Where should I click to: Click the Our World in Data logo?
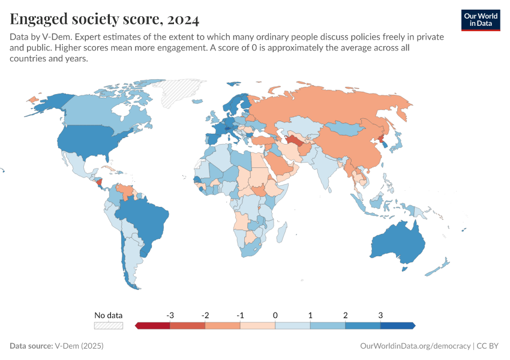coord(481,19)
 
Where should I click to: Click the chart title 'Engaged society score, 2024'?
coord(104,20)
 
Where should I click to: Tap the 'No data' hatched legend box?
coord(109,325)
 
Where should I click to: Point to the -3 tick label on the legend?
coord(170,315)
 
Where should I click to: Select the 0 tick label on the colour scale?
coord(275,315)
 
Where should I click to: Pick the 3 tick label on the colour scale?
coord(380,315)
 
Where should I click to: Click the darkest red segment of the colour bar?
coord(153,325)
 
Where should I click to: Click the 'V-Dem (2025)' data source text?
coord(79,346)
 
